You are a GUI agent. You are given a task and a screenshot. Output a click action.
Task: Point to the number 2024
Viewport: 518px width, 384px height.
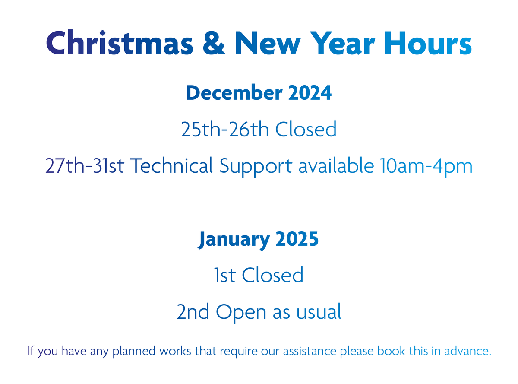(309, 93)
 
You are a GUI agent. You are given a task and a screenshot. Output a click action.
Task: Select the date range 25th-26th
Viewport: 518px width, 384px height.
(224, 129)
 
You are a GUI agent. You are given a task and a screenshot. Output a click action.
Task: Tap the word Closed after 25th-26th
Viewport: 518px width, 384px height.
(306, 129)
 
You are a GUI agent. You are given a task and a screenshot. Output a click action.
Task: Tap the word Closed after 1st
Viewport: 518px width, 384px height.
(273, 275)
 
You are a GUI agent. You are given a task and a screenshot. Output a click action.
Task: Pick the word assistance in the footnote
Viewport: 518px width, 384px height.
(309, 351)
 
